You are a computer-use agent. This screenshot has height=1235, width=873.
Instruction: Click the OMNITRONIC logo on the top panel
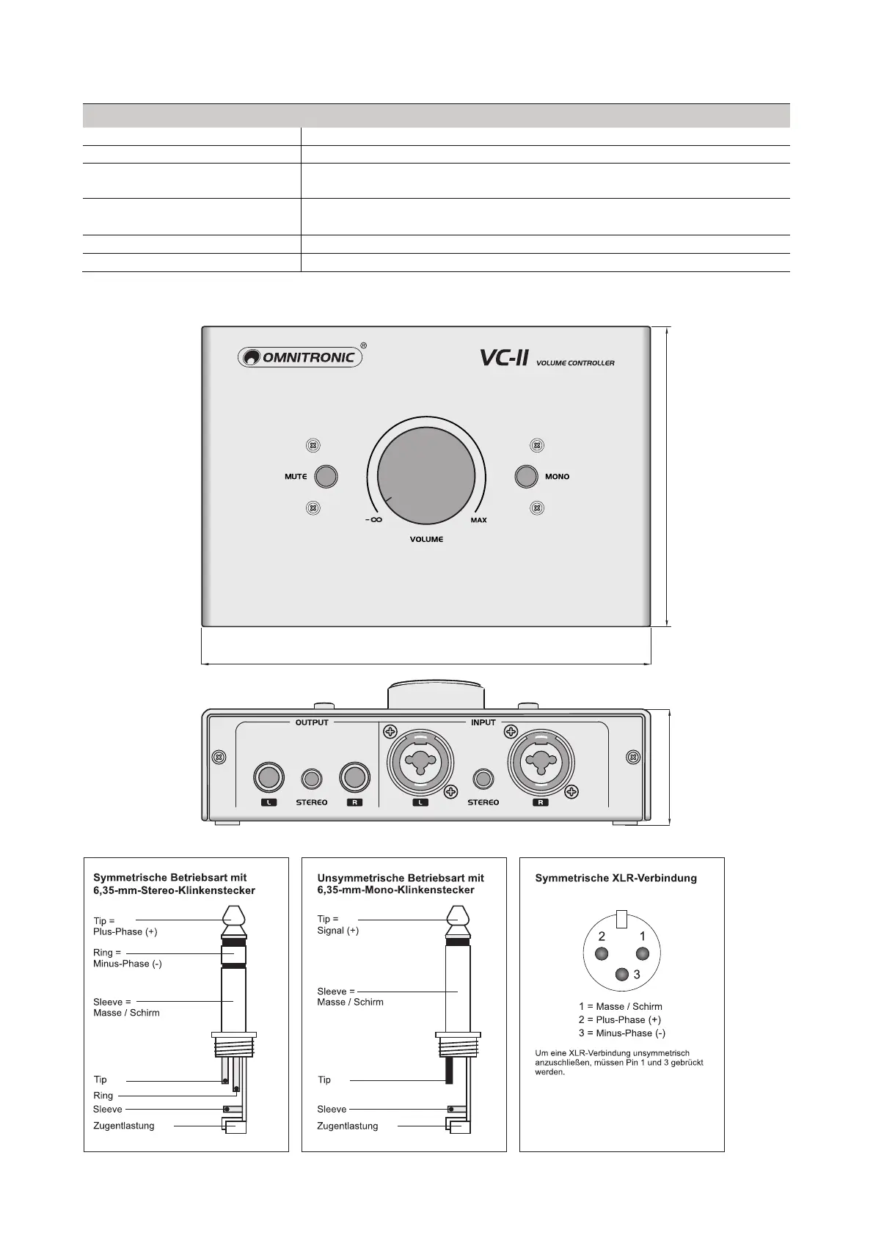tap(300, 357)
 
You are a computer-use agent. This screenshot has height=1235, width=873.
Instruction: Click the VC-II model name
tap(504, 358)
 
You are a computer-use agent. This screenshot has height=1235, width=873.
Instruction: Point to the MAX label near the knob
tap(478, 520)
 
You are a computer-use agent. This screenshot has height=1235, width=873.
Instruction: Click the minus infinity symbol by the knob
tap(373, 520)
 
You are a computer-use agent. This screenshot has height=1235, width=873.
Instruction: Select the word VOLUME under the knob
tap(426, 540)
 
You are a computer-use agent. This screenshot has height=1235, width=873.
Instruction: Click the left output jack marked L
tap(269, 778)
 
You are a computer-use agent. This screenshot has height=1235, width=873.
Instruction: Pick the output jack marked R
tap(354, 778)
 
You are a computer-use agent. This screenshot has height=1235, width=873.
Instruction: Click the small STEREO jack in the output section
tap(312, 779)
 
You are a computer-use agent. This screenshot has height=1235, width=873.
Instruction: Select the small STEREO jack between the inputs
tap(483, 779)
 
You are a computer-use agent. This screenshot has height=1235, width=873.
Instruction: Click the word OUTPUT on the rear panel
tap(312, 722)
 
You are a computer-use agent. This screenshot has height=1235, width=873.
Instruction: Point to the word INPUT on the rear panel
tap(483, 722)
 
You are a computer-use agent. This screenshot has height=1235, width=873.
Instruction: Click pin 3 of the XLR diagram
tap(623, 974)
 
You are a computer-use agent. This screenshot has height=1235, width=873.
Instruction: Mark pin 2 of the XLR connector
tap(602, 953)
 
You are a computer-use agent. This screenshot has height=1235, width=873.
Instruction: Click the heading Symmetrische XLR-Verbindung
tap(616, 878)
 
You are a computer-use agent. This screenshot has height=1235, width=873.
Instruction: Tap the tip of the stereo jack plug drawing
tap(234, 915)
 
